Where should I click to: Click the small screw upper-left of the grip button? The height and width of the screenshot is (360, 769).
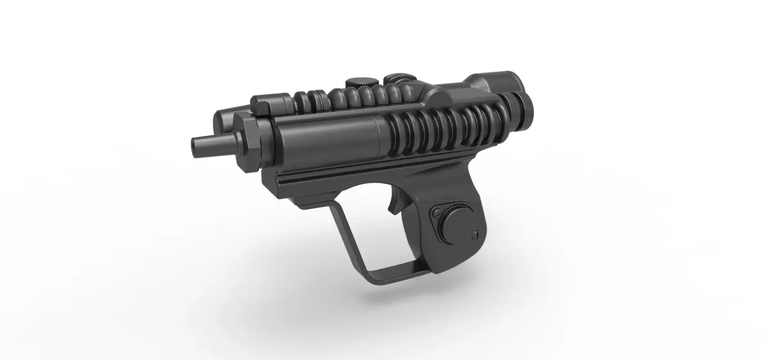tap(436, 212)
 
